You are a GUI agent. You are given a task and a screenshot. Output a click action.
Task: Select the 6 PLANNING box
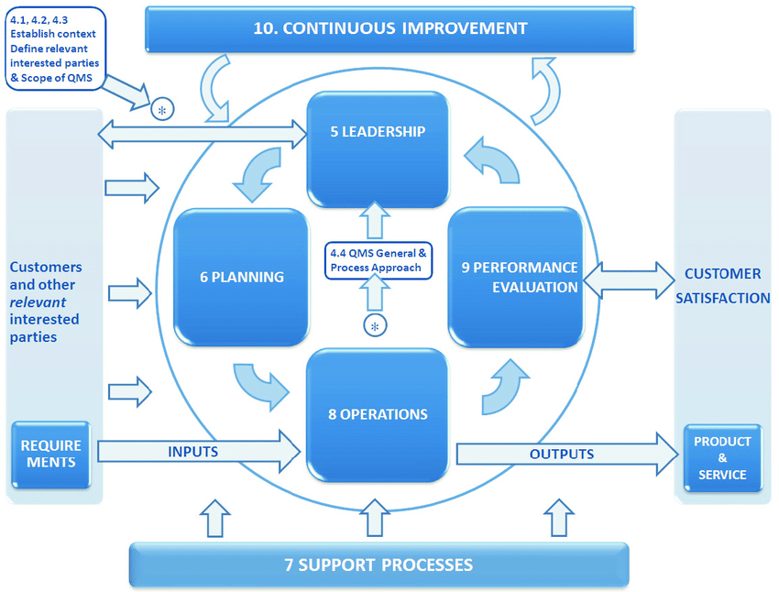241,277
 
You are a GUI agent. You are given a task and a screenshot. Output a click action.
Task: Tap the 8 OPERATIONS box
378,413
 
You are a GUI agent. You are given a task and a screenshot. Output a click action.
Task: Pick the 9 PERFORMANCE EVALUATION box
515,277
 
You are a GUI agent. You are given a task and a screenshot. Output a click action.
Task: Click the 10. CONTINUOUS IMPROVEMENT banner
389,28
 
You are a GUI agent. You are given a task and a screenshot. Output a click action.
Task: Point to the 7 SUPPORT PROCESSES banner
379,565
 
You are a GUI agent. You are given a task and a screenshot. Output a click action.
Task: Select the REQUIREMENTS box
51,455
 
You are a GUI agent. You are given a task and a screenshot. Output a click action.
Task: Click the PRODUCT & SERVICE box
721,457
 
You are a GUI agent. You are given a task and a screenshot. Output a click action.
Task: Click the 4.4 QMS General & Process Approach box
377,259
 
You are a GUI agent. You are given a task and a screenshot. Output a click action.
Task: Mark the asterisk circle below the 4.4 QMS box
374,325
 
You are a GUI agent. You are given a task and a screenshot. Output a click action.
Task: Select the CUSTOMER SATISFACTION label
722,285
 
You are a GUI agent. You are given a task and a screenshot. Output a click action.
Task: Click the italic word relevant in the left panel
38,302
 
